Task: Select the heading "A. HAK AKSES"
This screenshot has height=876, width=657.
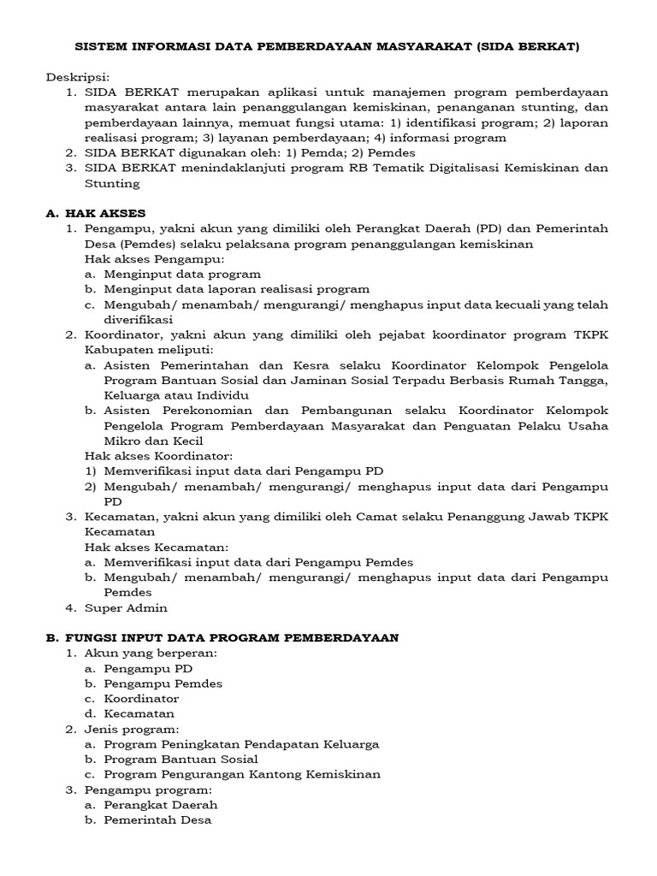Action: click(96, 212)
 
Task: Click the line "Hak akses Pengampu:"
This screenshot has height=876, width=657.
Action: click(154, 258)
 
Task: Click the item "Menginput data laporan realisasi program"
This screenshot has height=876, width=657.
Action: click(237, 289)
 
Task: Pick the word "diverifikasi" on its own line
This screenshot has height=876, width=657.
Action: click(139, 319)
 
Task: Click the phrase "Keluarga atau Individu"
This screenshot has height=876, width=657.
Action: click(176, 395)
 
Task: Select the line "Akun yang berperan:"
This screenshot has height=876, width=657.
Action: click(151, 653)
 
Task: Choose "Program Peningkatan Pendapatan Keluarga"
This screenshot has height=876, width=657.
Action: click(241, 744)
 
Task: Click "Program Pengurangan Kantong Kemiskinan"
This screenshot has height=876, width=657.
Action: click(242, 774)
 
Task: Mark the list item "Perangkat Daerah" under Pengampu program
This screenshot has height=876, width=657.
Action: click(161, 805)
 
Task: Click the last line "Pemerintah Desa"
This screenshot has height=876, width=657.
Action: click(157, 820)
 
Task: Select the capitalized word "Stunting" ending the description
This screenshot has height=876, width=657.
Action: click(111, 183)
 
